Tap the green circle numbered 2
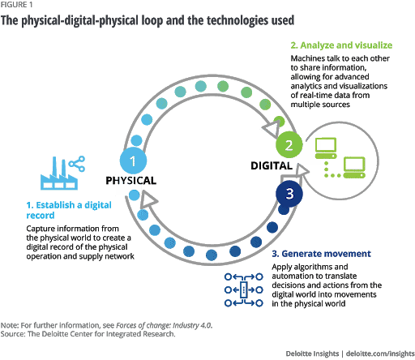pos(288,147)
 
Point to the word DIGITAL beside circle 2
pos(270,165)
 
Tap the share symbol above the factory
pos(78,165)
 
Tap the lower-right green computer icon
pos(355,167)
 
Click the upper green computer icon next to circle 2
pos(325,147)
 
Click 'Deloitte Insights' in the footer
pos(314,354)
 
